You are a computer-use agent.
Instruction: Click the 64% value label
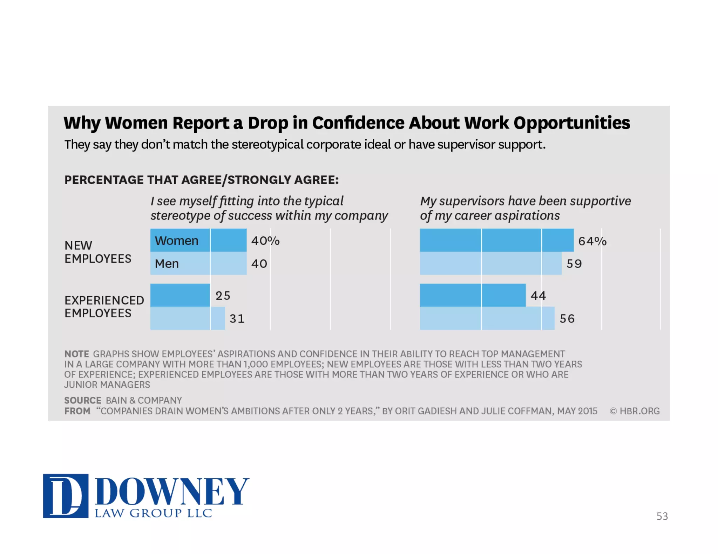coord(592,241)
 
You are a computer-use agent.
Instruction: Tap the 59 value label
coord(574,264)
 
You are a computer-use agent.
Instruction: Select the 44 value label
coord(538,296)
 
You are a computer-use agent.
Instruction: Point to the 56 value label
coord(567,319)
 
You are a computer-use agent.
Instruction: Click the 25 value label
coord(223,296)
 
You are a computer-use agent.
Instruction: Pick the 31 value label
coord(237,319)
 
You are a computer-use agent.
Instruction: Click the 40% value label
coord(265,241)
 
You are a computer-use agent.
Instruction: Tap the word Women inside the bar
coord(177,241)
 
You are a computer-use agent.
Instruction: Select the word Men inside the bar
coord(167,264)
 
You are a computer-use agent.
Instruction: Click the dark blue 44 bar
coord(473,295)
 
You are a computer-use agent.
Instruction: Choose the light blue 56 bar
coord(487,318)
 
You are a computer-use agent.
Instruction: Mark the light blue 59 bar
coord(490,263)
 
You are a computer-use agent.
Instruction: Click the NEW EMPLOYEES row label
coord(98,252)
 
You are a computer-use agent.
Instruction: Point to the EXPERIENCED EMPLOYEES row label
coord(104,307)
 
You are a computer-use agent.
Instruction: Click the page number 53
coord(662,516)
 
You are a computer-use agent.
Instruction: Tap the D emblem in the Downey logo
coord(66,496)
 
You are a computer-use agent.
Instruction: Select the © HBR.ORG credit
coord(635,411)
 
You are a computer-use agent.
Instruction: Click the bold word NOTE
coord(76,354)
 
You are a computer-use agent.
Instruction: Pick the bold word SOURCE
coord(83,400)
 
